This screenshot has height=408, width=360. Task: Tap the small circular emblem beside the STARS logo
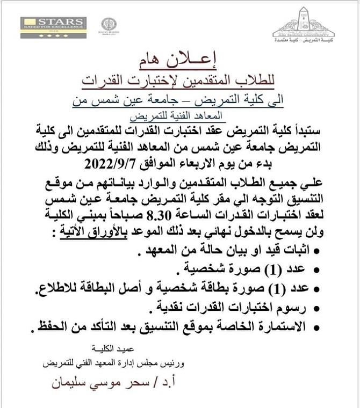109,26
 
